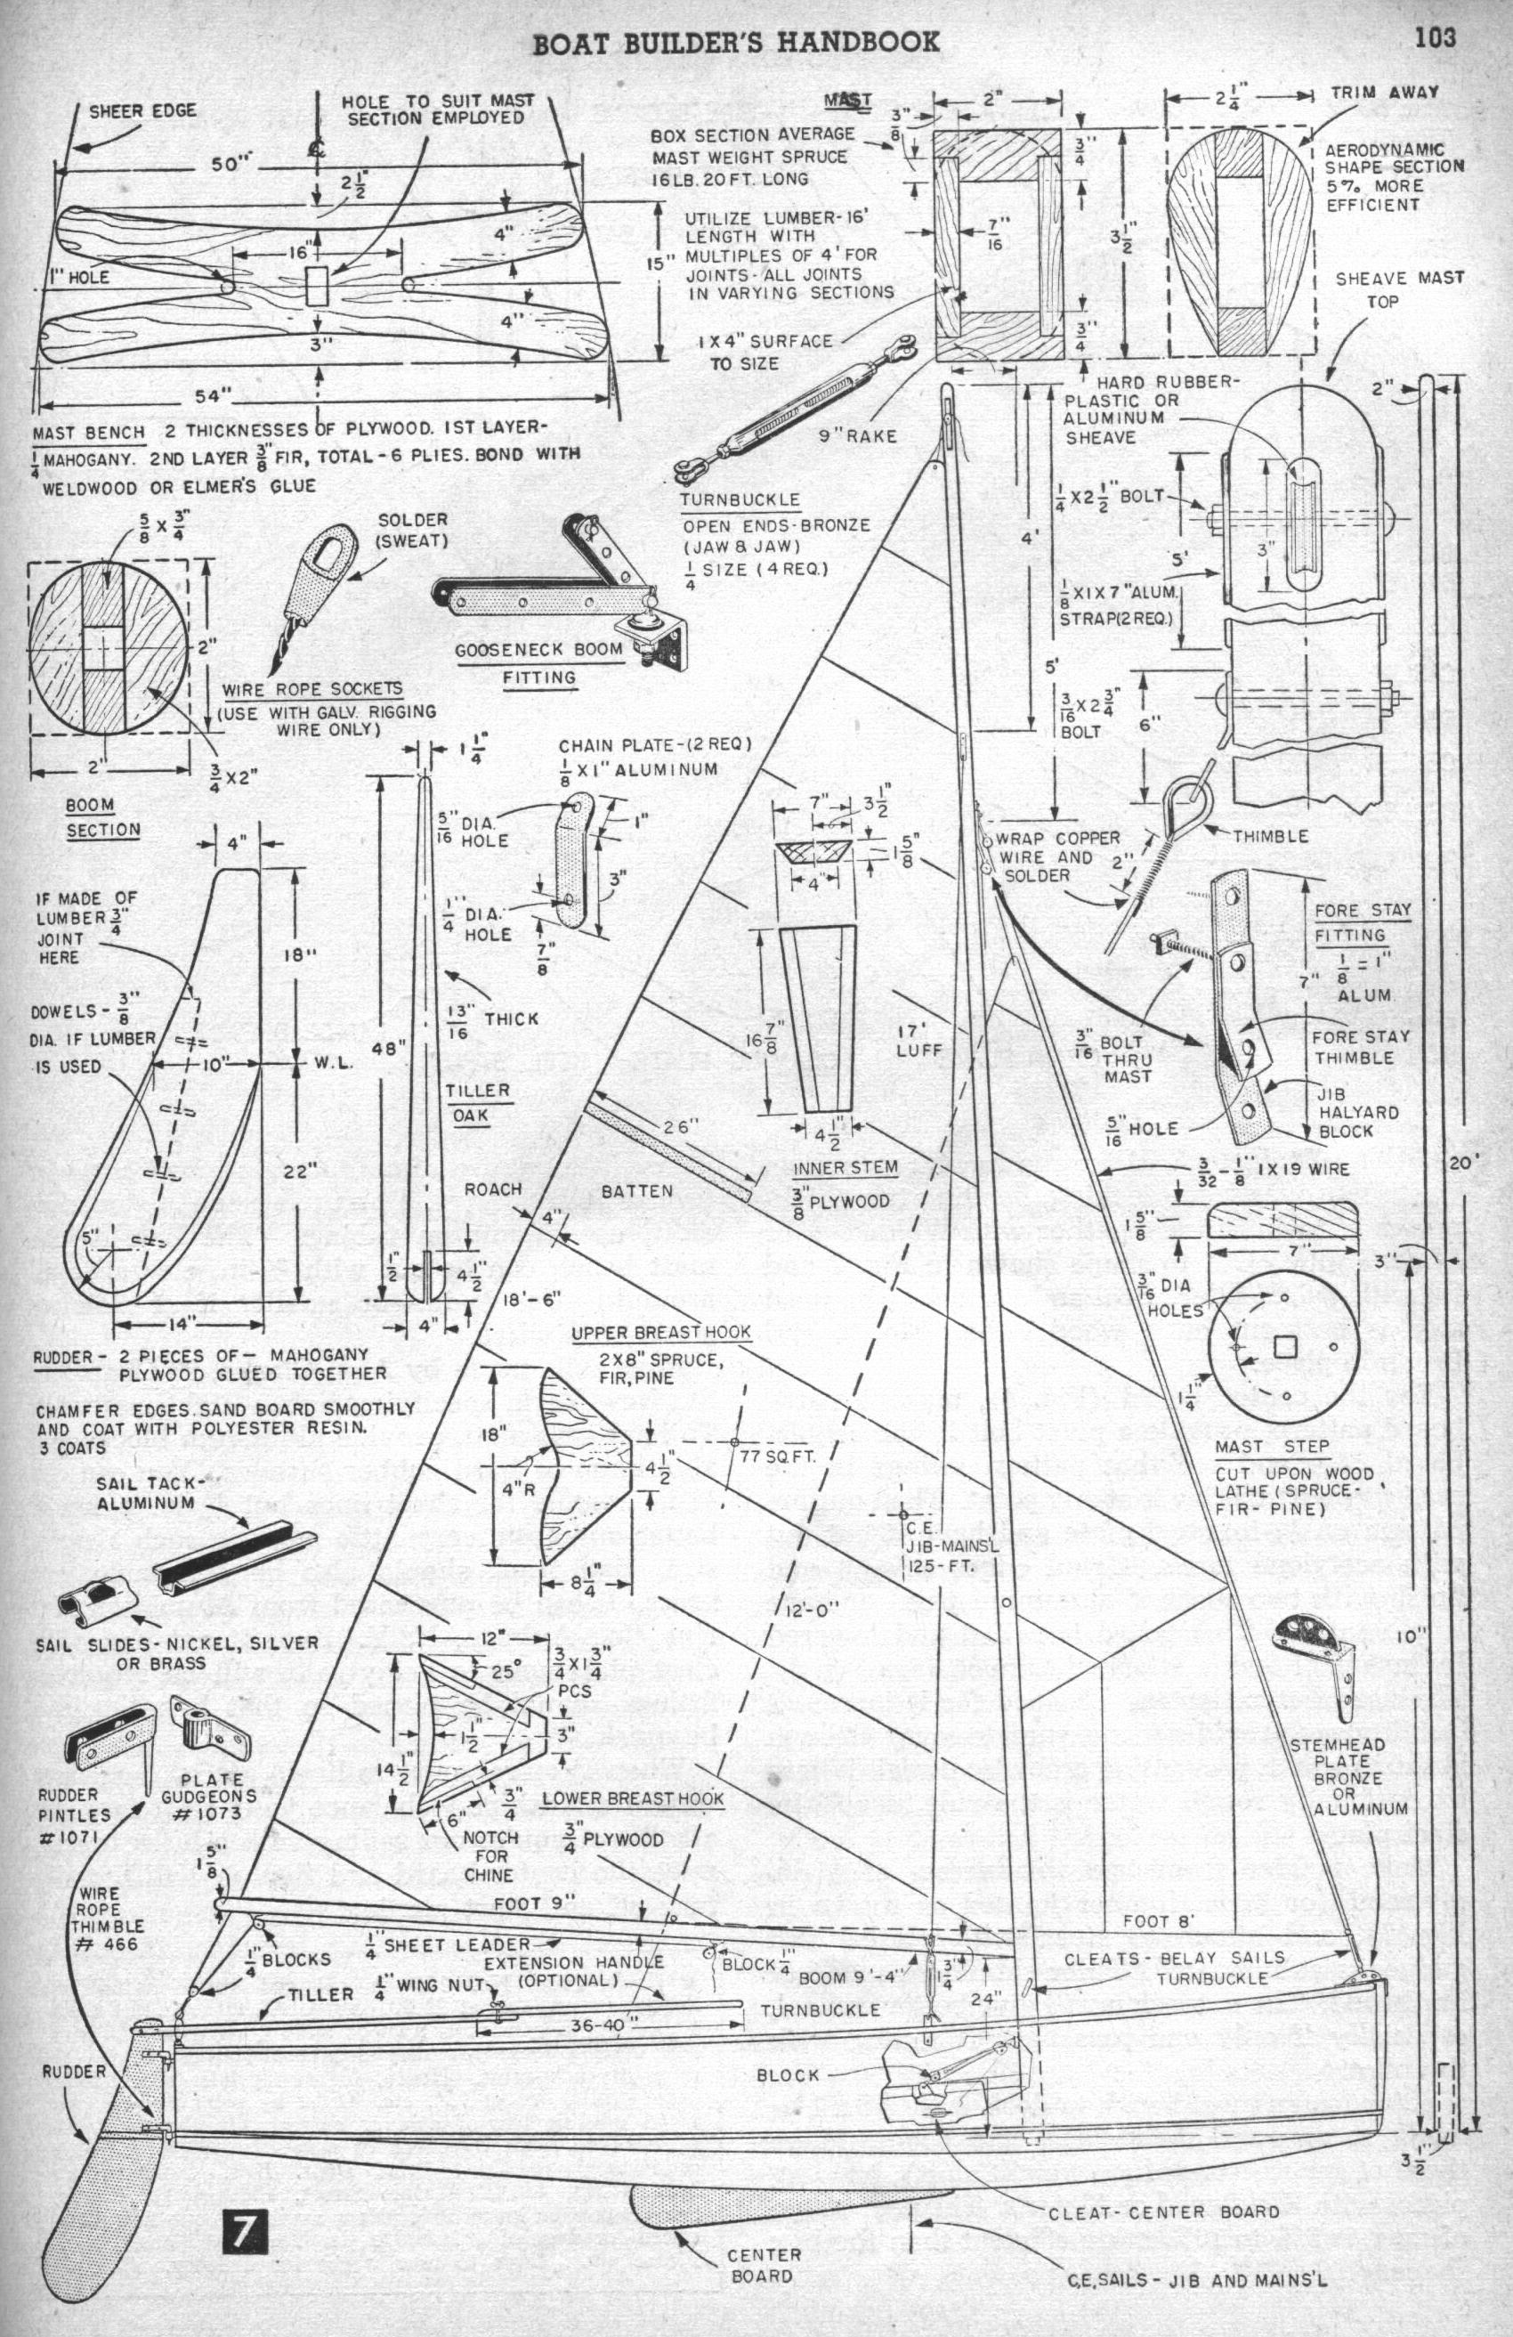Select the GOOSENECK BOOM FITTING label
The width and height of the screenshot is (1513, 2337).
[x=538, y=662]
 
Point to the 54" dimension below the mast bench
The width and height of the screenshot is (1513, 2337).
[x=210, y=394]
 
